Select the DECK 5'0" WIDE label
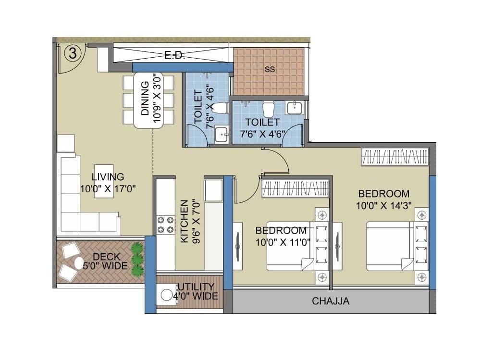click(110, 261)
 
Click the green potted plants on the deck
click(137, 260)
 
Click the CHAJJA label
click(331, 302)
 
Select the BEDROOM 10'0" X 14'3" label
click(384, 199)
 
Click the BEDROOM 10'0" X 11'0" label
click(281, 236)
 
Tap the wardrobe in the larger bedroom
click(395, 157)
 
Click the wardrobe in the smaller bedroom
click(295, 188)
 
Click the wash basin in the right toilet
click(294, 108)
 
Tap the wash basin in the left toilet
click(222, 134)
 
